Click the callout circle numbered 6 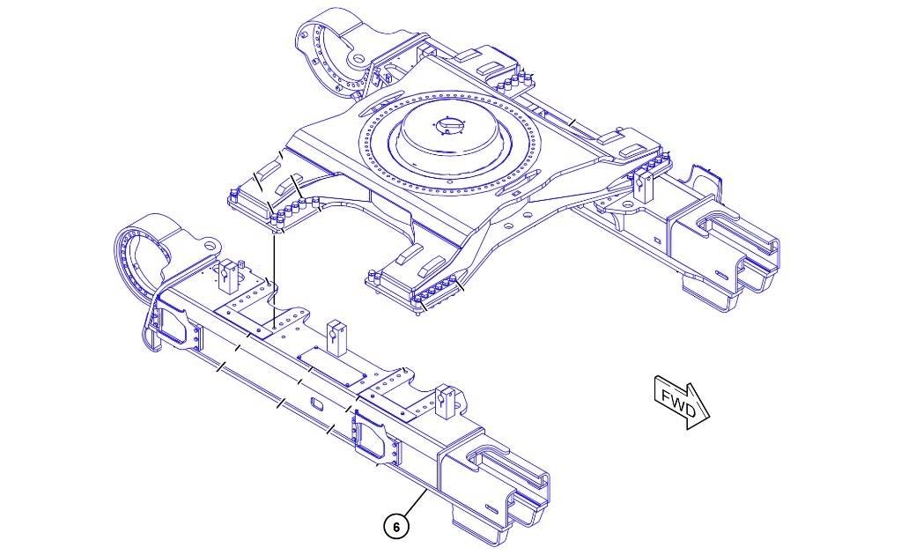396,527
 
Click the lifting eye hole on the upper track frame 358,58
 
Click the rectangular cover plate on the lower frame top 331,366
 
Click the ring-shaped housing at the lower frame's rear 145,251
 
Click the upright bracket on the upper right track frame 643,186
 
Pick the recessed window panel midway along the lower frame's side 374,440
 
